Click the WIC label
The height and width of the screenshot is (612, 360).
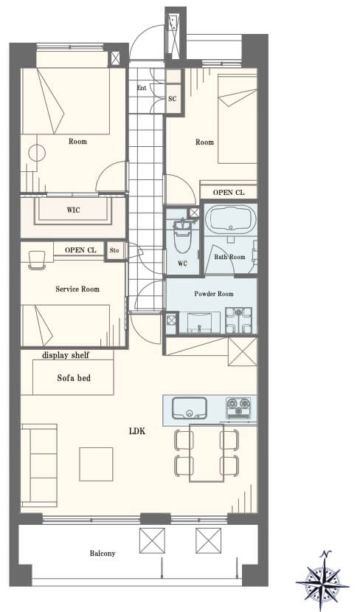pyautogui.click(x=73, y=210)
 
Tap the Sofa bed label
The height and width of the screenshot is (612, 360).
pyautogui.click(x=74, y=378)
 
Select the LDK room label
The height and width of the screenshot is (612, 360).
pyautogui.click(x=137, y=431)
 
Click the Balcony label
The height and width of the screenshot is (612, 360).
pyautogui.click(x=103, y=554)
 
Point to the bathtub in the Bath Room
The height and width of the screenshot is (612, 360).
pyautogui.click(x=229, y=219)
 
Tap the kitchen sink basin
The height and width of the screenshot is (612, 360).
pyautogui.click(x=189, y=408)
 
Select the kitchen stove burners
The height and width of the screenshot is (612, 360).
pyautogui.click(x=239, y=408)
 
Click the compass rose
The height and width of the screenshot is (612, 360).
pyautogui.click(x=322, y=580)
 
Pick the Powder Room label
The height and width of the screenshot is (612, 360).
pyautogui.click(x=214, y=294)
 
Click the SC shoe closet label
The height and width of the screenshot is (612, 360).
pyautogui.click(x=173, y=99)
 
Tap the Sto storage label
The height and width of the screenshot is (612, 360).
pyautogui.click(x=114, y=250)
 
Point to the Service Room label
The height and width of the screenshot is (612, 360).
pyautogui.click(x=77, y=289)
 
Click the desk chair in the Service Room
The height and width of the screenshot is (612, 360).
pyautogui.click(x=37, y=260)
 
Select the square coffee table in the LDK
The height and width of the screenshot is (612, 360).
pyautogui.click(x=96, y=464)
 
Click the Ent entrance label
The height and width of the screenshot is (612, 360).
pyautogui.click(x=142, y=88)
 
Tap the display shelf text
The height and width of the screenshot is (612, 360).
pyautogui.click(x=66, y=355)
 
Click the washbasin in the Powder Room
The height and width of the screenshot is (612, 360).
pyautogui.click(x=199, y=322)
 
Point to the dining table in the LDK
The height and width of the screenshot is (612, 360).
pyautogui.click(x=207, y=453)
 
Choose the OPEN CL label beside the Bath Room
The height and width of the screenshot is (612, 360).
pyautogui.click(x=229, y=193)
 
